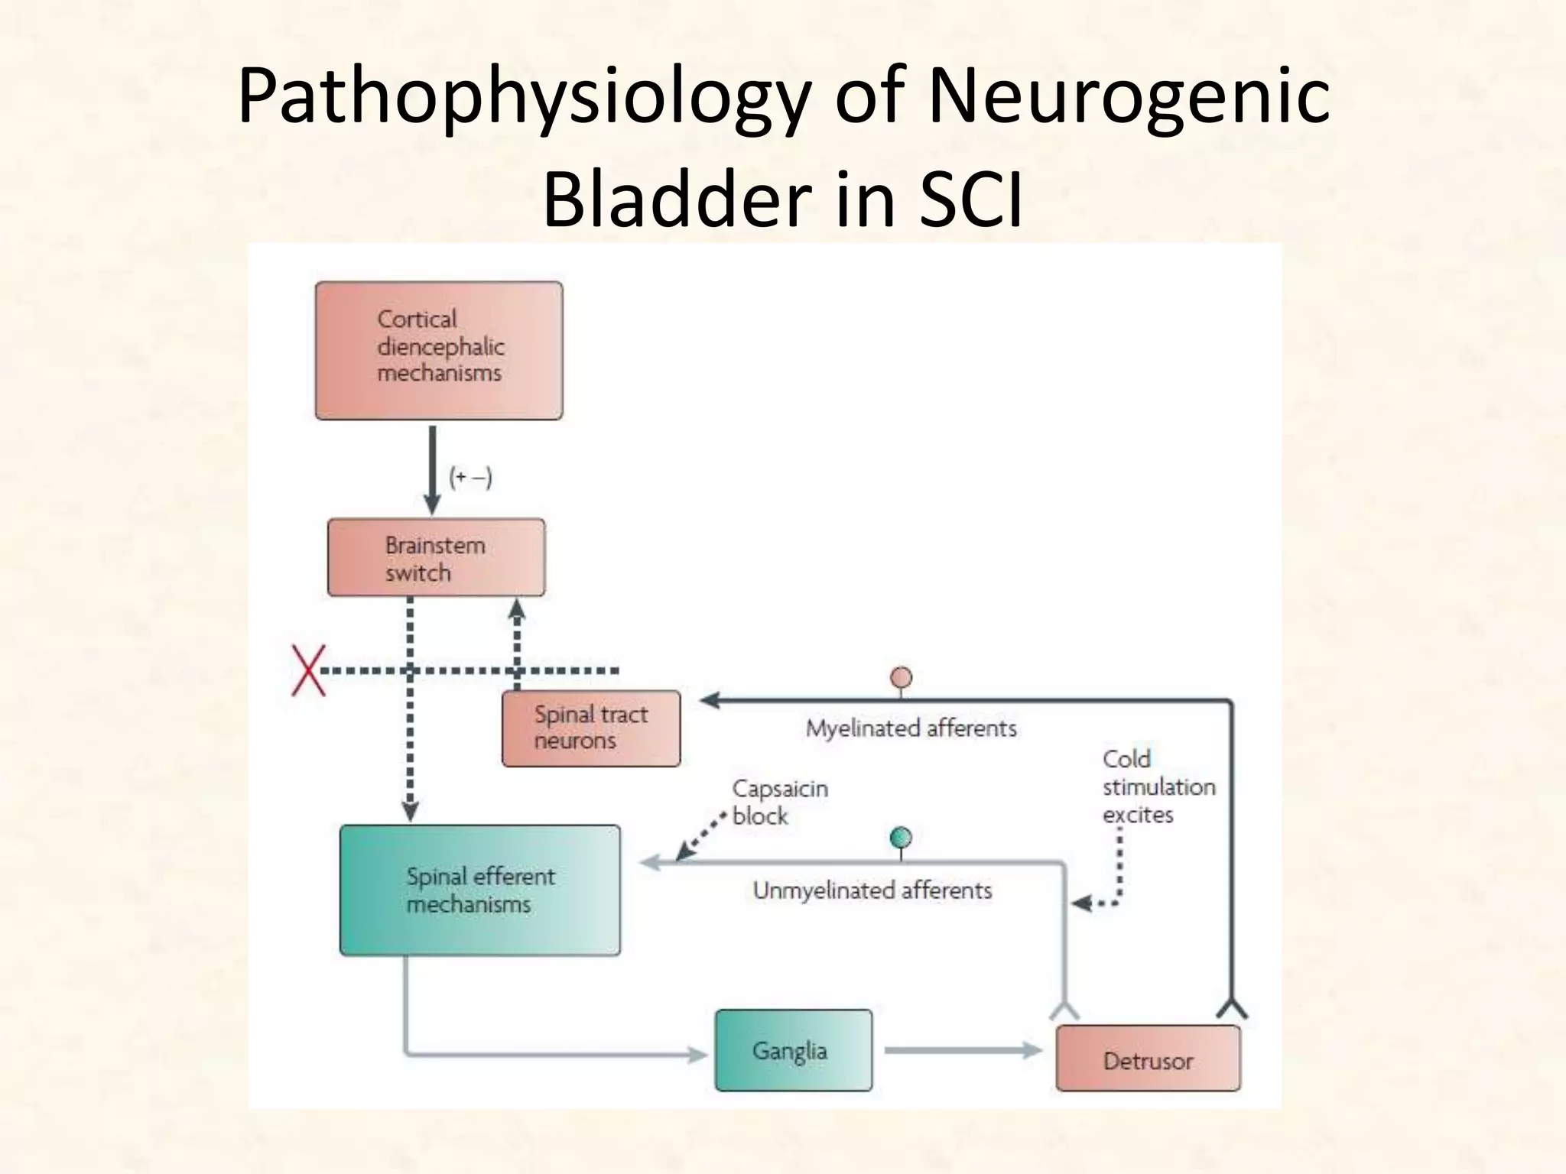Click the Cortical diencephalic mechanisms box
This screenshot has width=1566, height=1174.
(x=439, y=350)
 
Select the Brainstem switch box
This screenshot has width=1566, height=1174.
(x=436, y=558)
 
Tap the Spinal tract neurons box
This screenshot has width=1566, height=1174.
(x=590, y=728)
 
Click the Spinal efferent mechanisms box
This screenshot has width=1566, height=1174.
(x=479, y=890)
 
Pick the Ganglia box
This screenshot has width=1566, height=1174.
(x=793, y=1050)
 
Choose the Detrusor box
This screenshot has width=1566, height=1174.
(x=1147, y=1059)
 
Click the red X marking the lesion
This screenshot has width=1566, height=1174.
(x=308, y=670)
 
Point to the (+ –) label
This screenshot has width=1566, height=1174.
(x=470, y=478)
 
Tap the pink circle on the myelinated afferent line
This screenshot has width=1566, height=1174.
(x=902, y=677)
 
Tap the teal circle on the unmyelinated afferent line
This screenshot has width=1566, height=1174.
(x=902, y=838)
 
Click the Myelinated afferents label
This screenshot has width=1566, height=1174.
(x=911, y=728)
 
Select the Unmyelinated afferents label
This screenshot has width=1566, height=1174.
(x=872, y=890)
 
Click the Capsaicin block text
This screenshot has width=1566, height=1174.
(x=779, y=802)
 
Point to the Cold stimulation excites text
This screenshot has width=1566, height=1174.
(x=1158, y=786)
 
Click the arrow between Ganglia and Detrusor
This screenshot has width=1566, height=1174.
(x=962, y=1050)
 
